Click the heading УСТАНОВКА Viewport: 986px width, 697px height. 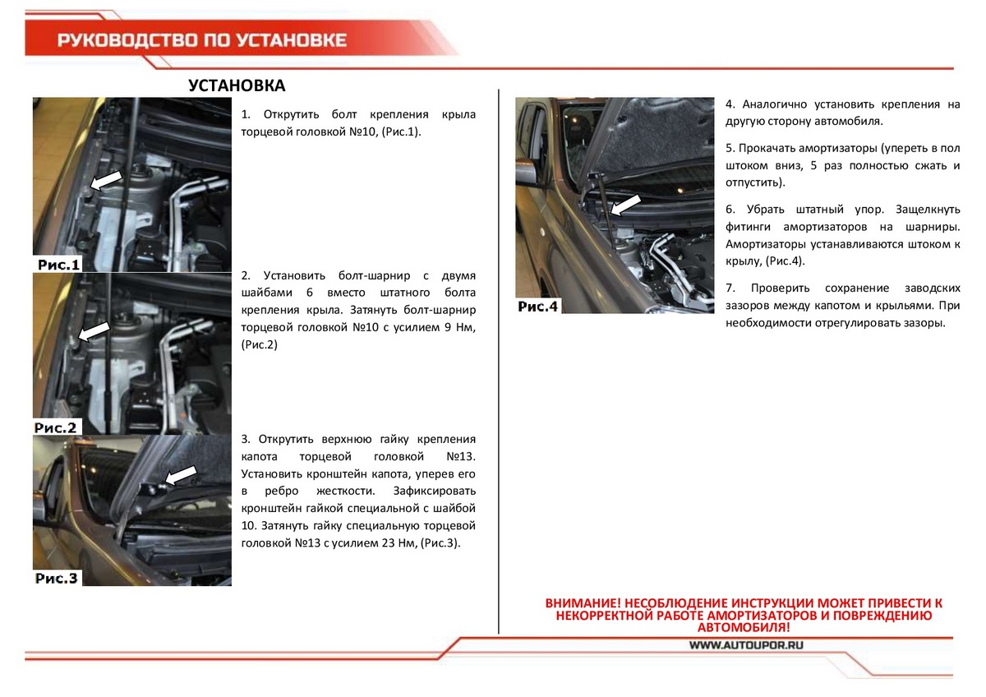(x=237, y=86)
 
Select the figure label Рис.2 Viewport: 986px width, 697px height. (x=56, y=427)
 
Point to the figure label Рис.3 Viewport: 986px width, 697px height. (x=56, y=578)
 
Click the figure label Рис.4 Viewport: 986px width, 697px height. (x=538, y=307)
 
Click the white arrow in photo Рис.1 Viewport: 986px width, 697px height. (x=106, y=180)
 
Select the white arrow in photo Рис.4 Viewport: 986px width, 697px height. (x=626, y=205)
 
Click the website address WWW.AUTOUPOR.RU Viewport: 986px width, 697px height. (x=745, y=645)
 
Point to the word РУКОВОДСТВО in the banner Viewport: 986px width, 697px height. (x=121, y=40)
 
